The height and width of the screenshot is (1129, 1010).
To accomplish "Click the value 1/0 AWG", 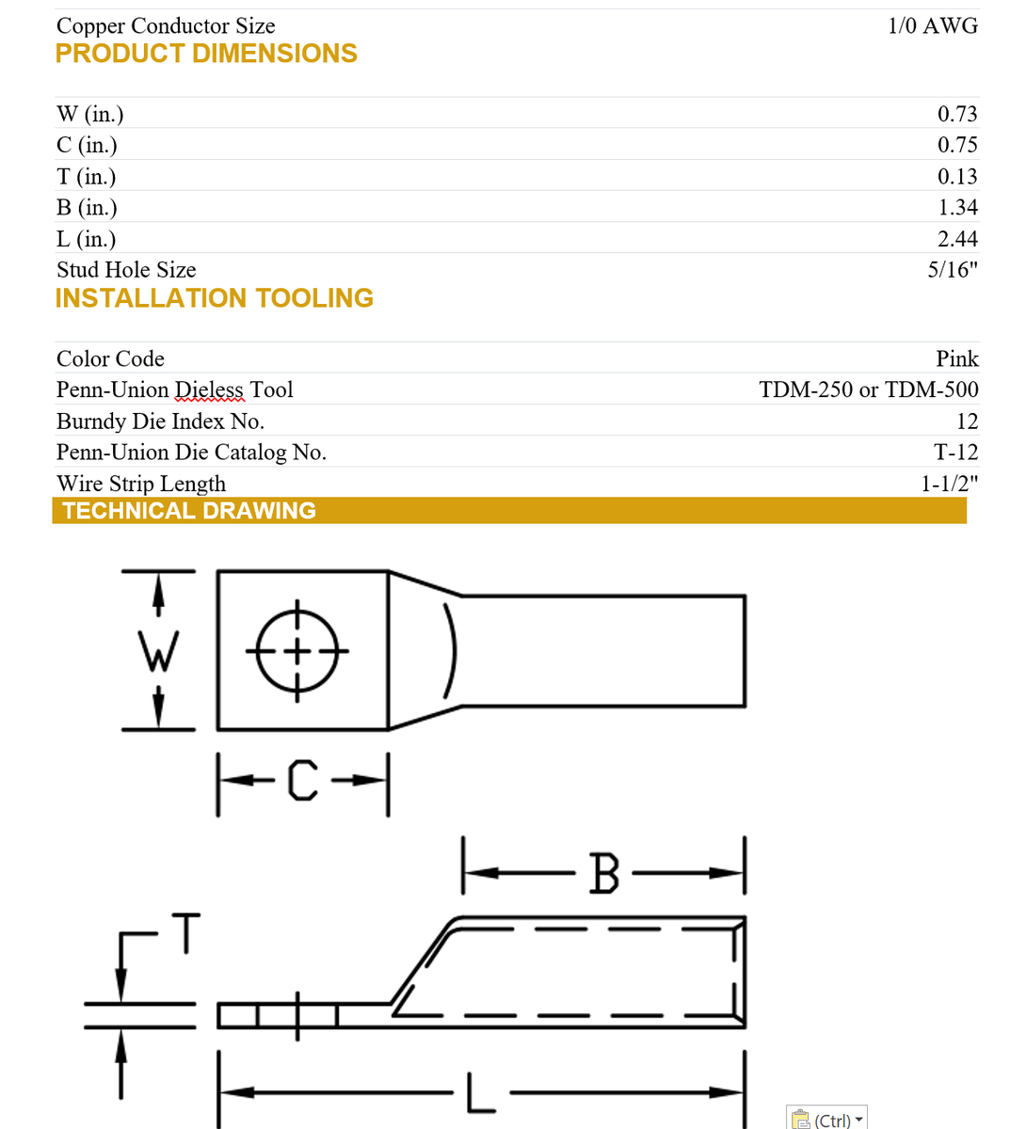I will [932, 26].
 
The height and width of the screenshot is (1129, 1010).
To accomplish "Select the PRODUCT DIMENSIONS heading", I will [206, 54].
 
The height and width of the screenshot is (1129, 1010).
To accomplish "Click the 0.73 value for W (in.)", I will [956, 114].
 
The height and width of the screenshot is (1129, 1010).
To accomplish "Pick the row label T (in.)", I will [86, 177].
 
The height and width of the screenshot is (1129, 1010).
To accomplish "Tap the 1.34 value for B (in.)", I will [956, 207].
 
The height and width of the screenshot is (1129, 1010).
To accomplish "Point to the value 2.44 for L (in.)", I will [956, 239].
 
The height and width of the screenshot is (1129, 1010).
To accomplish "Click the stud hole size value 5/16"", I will [952, 270].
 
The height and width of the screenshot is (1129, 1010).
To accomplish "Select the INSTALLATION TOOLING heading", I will [214, 298].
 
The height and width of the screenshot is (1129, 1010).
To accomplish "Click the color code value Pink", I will [956, 358].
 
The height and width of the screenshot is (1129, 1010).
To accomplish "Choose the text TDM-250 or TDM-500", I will [868, 390].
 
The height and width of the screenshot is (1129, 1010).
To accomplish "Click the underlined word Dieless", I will [209, 390].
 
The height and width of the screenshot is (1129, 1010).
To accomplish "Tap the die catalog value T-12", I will [955, 453].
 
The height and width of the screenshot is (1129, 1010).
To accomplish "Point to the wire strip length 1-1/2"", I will [948, 484].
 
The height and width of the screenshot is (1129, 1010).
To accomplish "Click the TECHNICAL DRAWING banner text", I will [188, 511].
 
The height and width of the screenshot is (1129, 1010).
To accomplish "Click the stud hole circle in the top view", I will [297, 650].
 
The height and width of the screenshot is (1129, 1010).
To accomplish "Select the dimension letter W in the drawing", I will [157, 651].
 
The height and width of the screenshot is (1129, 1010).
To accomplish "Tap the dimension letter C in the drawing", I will [302, 780].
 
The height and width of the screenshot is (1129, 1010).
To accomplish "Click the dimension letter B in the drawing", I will [603, 873].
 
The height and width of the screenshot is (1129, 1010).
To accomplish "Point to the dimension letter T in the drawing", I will [186, 932].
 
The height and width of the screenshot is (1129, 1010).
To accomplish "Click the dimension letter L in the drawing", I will [480, 1093].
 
